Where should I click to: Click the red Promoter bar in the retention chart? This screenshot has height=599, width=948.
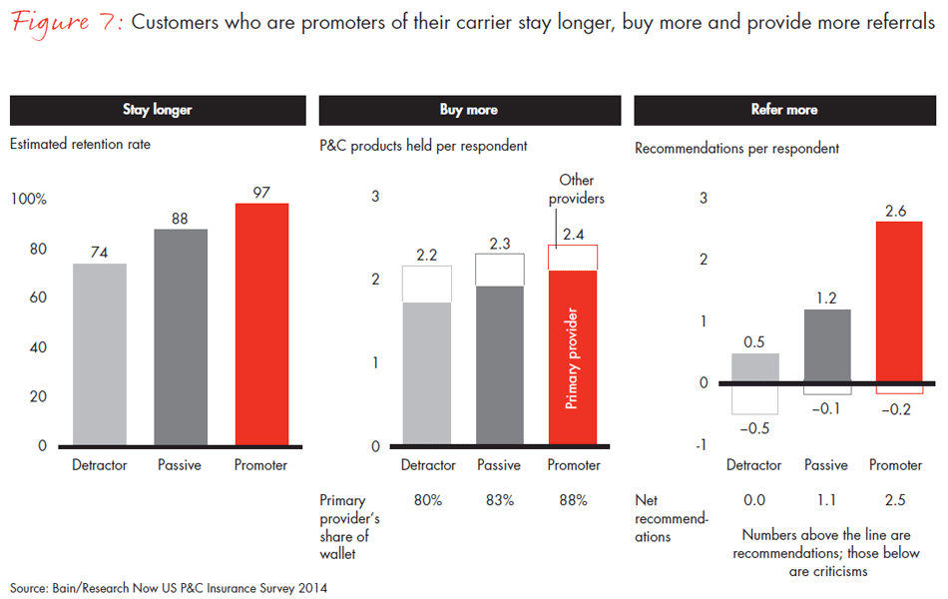click(x=261, y=324)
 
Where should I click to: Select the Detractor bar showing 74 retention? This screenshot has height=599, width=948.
click(x=100, y=354)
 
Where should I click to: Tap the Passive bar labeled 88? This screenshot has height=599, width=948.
click(x=181, y=337)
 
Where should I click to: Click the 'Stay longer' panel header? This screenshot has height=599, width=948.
click(x=157, y=110)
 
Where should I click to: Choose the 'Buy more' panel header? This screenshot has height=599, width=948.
click(x=468, y=110)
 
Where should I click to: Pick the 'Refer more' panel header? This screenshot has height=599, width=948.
click(x=783, y=110)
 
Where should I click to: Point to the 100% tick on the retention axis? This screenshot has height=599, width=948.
click(x=29, y=200)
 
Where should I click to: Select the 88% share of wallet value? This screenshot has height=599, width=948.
click(x=573, y=500)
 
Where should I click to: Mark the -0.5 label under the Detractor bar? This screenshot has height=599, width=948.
click(x=754, y=429)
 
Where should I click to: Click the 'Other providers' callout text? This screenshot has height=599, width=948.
click(x=577, y=189)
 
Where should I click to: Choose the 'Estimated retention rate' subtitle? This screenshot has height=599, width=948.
click(x=80, y=145)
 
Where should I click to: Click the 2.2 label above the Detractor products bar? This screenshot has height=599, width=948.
click(x=427, y=255)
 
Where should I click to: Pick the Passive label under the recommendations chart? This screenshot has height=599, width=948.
click(x=826, y=465)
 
